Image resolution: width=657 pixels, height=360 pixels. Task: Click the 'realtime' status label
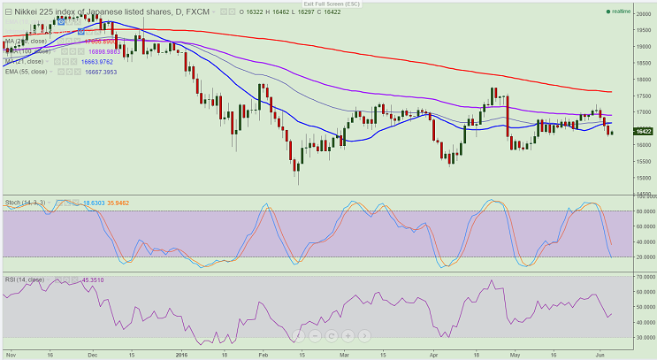pos(622,11)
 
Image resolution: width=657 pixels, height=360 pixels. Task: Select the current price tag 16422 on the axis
pos(643,130)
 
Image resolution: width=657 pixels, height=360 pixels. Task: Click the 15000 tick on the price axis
pos(643,177)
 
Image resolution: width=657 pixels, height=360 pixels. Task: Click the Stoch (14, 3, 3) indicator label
pos(24,203)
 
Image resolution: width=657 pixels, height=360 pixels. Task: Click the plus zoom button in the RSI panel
pos(349,336)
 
